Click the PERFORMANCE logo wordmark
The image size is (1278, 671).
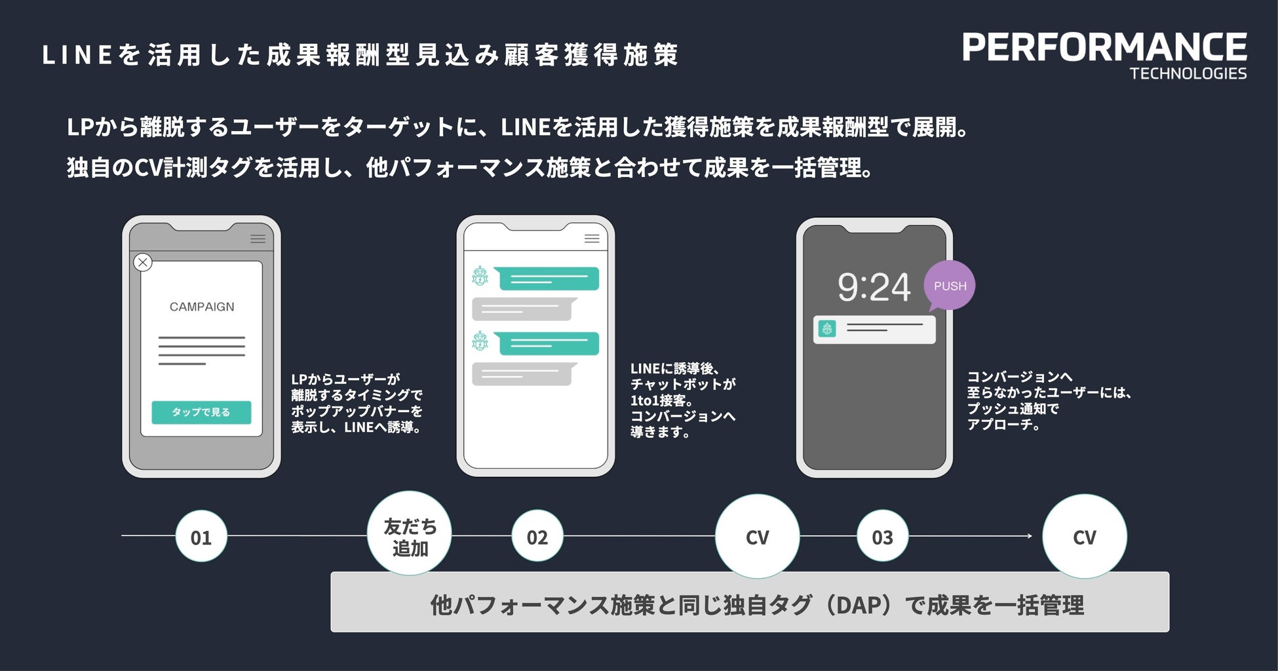point(1104,47)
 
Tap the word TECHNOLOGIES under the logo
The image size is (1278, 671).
point(1188,73)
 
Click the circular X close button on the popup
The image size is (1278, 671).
point(143,263)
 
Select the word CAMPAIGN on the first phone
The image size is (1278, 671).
point(202,307)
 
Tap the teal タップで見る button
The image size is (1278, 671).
point(201,412)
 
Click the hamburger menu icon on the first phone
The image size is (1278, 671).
point(258,239)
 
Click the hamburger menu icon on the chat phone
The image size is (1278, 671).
point(592,239)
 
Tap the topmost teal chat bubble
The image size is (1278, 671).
point(548,278)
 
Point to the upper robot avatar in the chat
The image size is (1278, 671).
point(480,277)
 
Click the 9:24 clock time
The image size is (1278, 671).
point(874,287)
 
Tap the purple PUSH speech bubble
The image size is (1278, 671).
point(950,286)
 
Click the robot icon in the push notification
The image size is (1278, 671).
point(828,329)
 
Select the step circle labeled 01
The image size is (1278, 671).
point(201,537)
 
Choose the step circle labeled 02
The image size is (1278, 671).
point(537,537)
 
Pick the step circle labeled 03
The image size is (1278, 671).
point(882,537)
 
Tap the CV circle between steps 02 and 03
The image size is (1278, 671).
point(757,537)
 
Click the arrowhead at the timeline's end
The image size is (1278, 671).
point(1030,536)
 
